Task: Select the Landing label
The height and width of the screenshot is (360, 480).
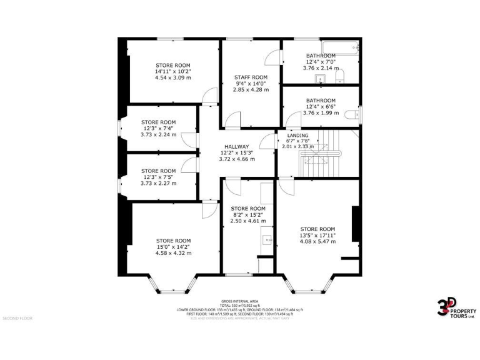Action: coord(297,136)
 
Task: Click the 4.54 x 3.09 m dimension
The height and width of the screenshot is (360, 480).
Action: coord(173,78)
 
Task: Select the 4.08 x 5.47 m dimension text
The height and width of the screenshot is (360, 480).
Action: coord(317,241)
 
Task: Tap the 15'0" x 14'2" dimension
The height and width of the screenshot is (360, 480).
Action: coord(173,247)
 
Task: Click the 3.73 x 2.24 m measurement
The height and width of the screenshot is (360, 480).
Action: coord(158,134)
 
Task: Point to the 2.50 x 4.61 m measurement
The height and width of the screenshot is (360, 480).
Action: coord(248,221)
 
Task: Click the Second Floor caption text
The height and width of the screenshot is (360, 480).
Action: coord(17,318)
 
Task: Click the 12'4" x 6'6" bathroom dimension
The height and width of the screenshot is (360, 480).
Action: coord(321,107)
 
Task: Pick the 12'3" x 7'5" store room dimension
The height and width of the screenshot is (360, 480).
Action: coord(158,177)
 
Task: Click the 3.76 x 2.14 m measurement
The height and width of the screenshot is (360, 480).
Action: coord(321,68)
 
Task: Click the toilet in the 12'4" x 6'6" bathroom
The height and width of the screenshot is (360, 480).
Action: coord(356,113)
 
